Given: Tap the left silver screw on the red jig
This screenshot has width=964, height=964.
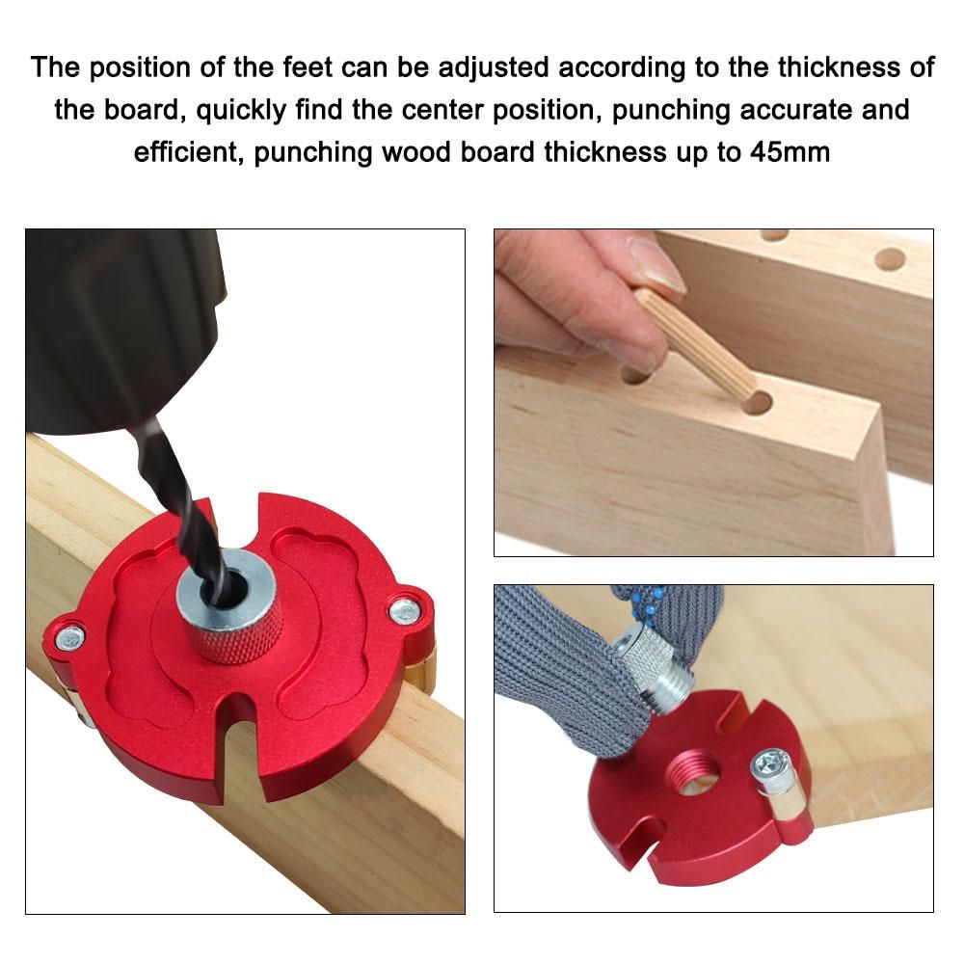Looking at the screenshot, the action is point(69,636).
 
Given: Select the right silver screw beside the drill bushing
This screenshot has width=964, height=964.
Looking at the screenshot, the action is point(405,610).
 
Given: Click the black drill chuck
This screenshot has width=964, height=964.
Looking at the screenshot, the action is point(123,326).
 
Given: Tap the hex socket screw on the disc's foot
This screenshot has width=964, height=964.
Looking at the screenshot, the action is point(768,765).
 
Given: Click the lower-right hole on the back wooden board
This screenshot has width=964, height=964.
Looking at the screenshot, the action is point(890,259).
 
